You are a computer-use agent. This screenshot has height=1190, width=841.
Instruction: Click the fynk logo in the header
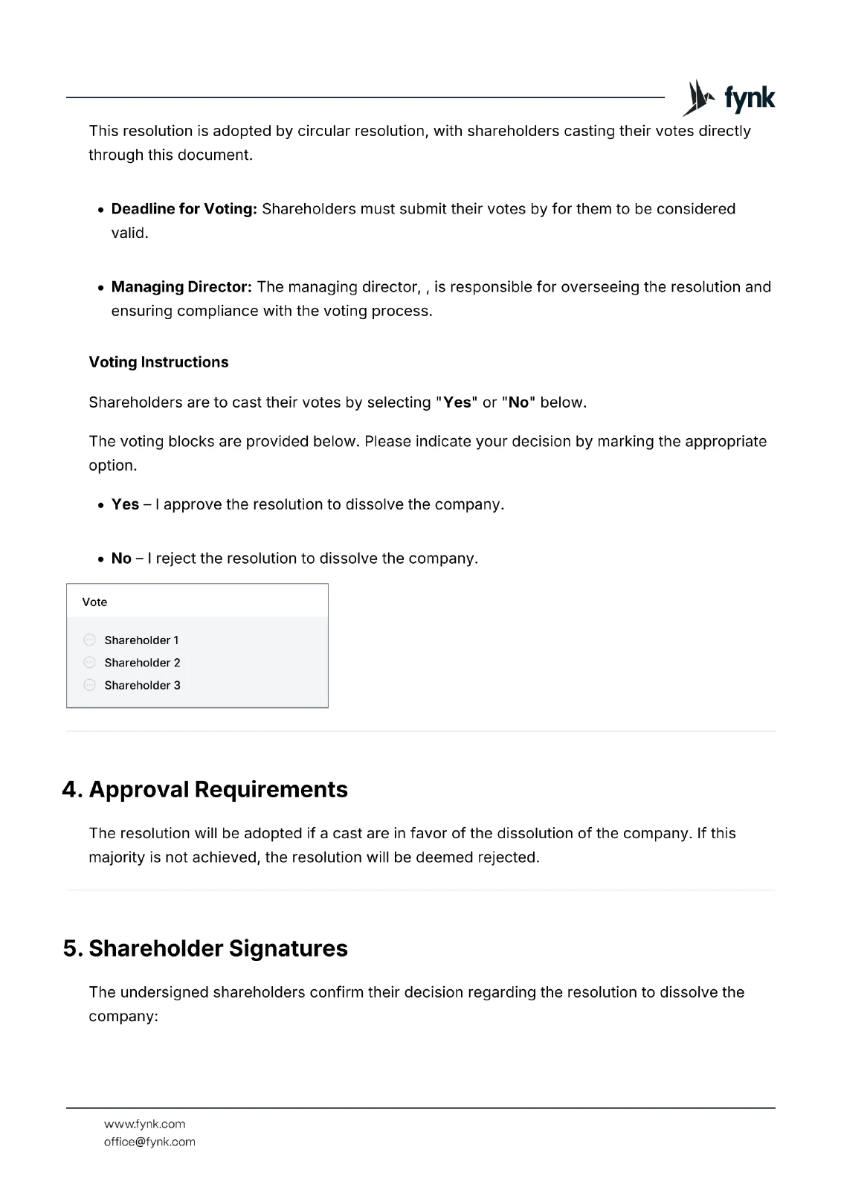coord(729,98)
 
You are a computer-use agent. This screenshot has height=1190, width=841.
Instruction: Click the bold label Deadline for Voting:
coord(184,209)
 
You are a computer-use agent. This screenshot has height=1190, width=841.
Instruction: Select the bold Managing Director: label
coord(181,287)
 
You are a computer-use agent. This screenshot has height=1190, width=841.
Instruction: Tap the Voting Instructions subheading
coord(158,362)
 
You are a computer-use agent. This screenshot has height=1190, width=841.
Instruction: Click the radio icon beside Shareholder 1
coord(90,640)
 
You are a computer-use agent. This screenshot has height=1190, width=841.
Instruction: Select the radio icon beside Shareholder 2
coord(90,662)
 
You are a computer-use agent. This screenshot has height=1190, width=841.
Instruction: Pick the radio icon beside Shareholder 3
coord(90,685)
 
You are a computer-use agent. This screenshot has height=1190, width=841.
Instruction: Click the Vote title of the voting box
coord(94,602)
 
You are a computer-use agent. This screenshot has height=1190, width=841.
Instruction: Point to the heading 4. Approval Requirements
coord(205,789)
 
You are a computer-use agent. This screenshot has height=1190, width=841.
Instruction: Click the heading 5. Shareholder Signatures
coord(205,948)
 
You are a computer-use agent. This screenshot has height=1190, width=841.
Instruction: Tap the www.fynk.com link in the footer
coord(144,1124)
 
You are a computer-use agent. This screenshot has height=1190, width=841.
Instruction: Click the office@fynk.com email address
coord(149,1142)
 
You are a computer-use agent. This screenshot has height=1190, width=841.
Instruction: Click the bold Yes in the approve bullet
coord(125,504)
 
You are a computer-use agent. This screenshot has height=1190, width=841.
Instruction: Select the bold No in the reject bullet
coord(121,559)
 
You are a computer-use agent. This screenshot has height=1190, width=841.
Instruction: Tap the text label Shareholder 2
coord(142,663)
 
